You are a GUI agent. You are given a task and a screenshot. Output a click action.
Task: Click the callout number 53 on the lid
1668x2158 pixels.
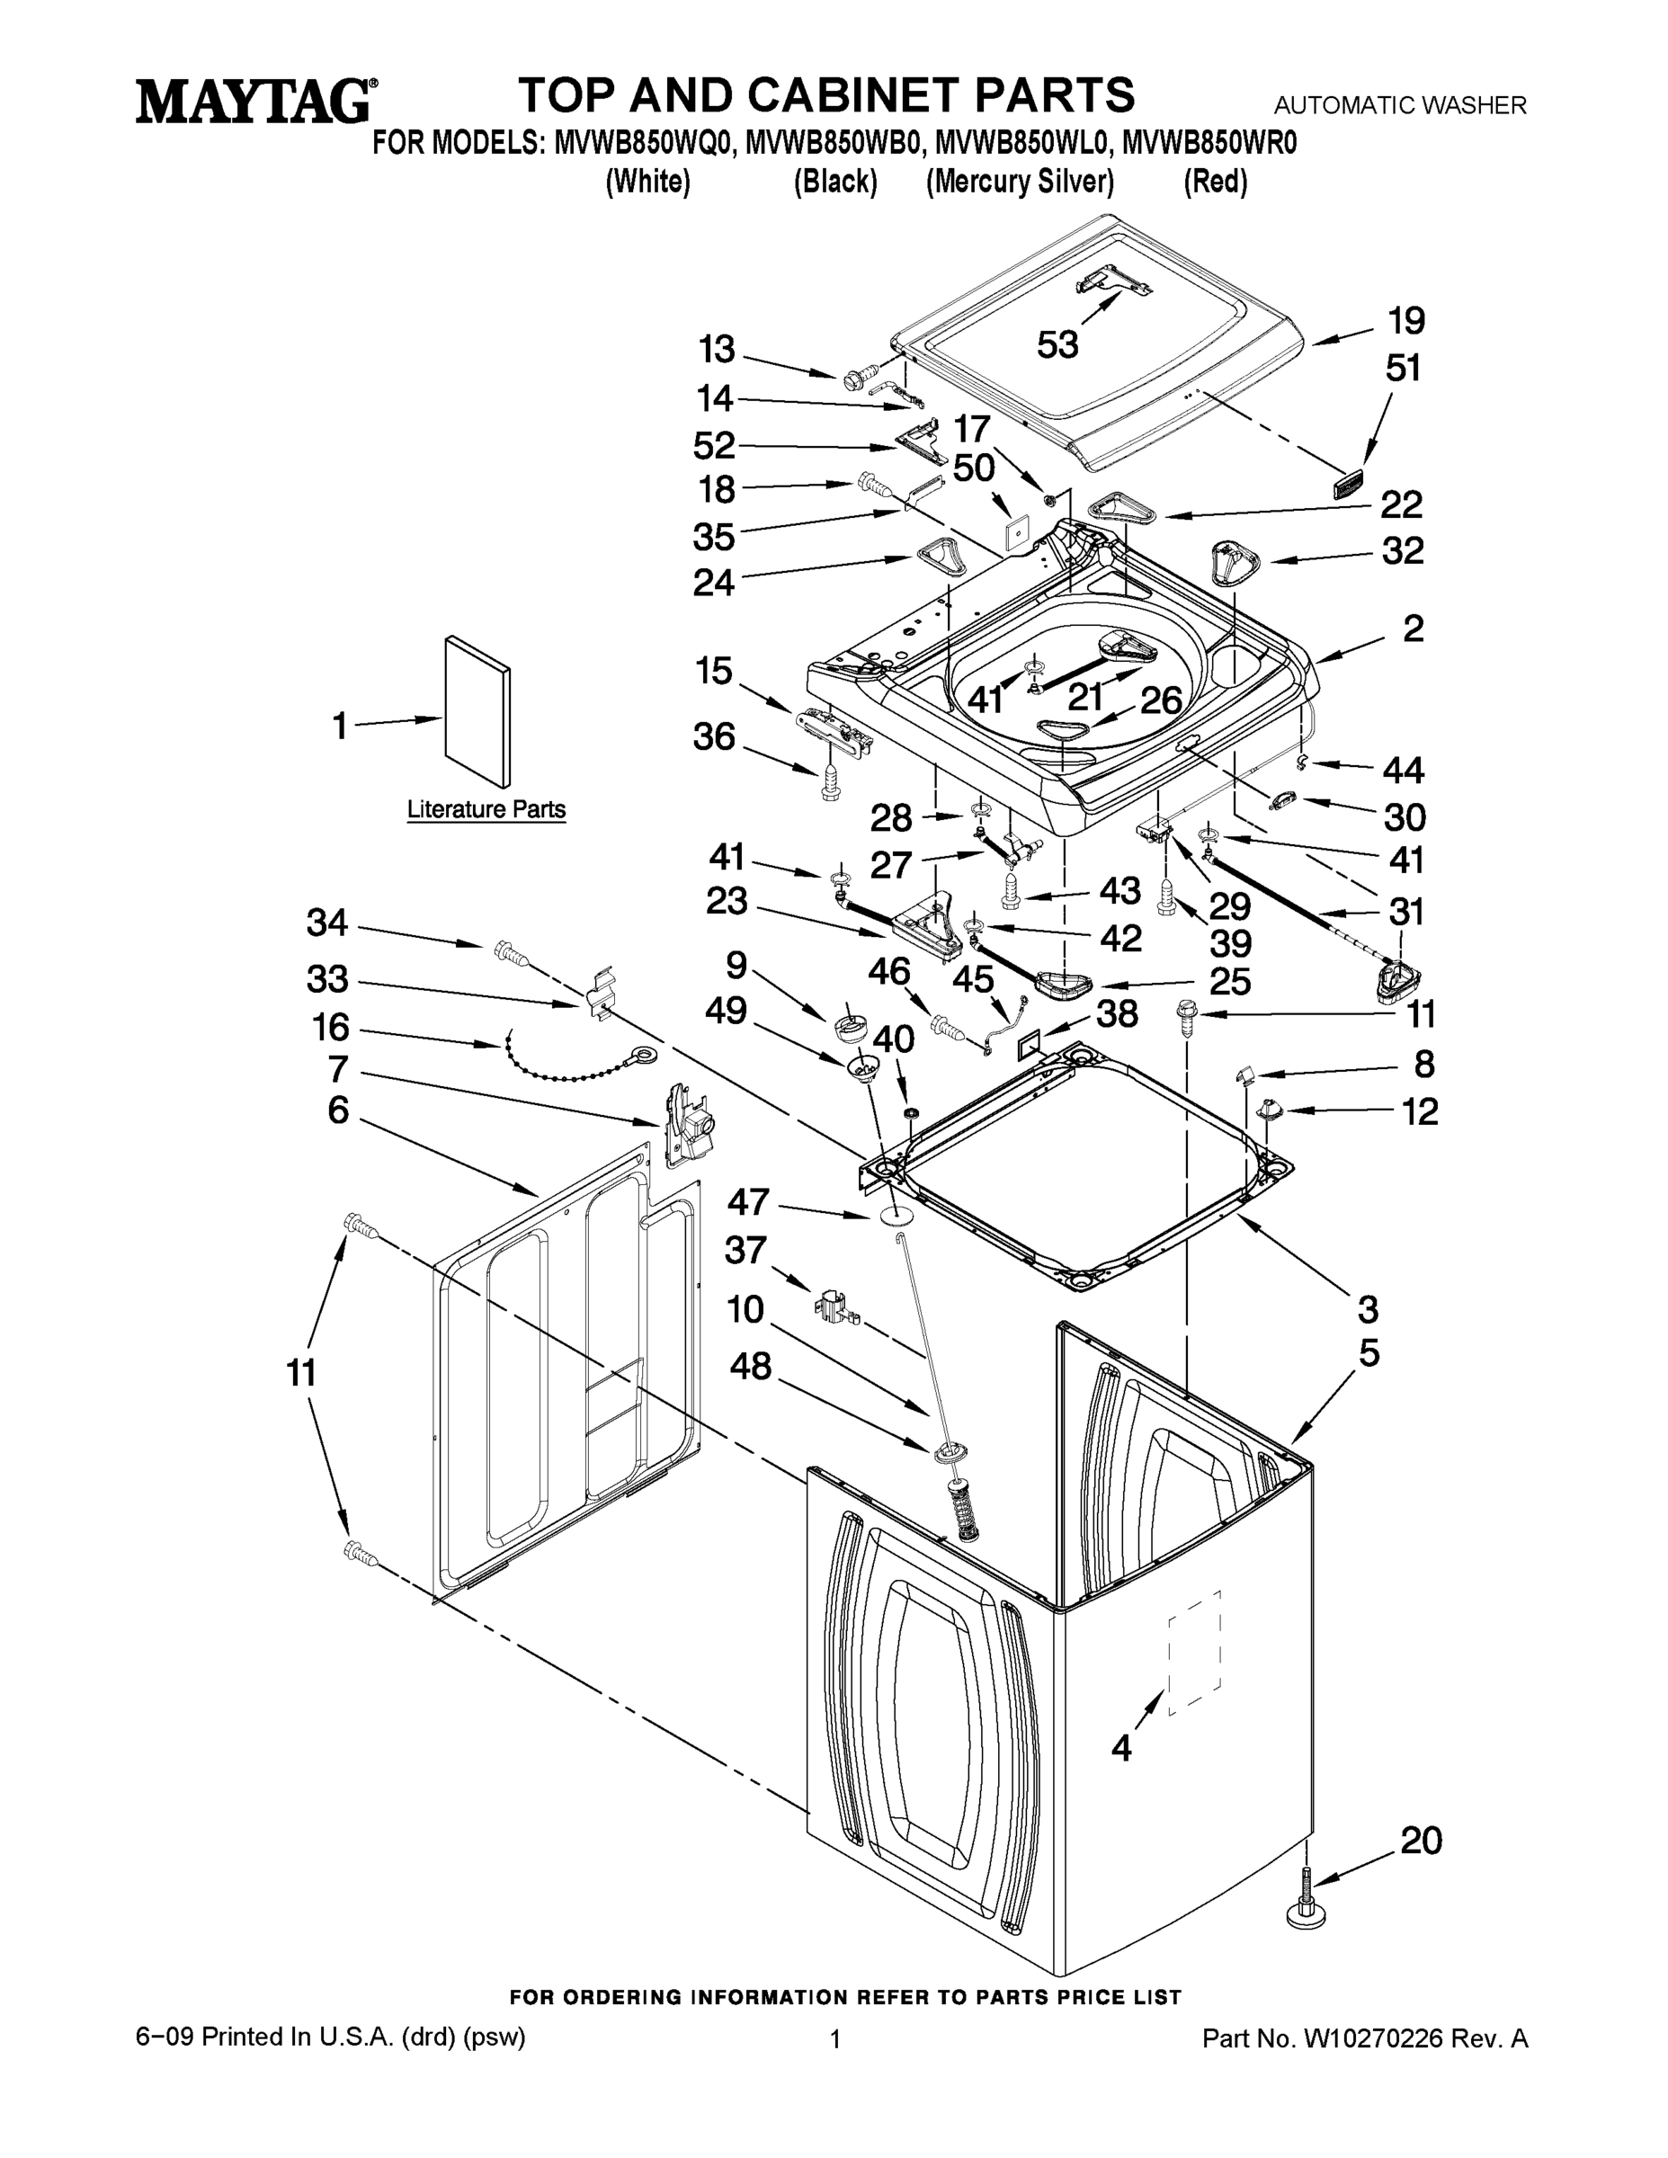coord(1057,345)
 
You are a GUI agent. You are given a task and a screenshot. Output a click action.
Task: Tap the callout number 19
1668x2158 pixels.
coord(1405,321)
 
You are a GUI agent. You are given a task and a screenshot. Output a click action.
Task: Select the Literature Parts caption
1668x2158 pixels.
coord(486,809)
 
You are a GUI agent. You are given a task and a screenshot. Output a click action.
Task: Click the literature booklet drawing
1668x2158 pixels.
coord(478,713)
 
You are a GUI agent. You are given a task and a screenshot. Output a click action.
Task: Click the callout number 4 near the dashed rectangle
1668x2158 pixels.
coord(1120,1748)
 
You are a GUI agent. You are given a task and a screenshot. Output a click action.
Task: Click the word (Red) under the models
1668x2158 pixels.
coord(1216,182)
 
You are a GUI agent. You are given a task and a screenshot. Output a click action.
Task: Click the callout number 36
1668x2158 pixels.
coord(713,736)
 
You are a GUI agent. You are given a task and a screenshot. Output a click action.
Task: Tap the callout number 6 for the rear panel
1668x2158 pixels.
coord(338,1110)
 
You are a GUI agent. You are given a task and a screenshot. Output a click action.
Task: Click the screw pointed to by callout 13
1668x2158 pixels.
coord(856,377)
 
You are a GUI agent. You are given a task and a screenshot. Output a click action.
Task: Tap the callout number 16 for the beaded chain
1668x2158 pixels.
coord(331,1028)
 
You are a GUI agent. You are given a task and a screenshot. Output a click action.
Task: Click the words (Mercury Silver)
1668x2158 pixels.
coord(1020,182)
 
